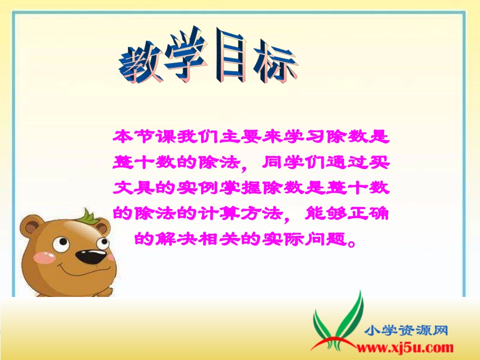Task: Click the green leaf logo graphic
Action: (x=336, y=321)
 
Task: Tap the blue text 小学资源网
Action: (x=407, y=331)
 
